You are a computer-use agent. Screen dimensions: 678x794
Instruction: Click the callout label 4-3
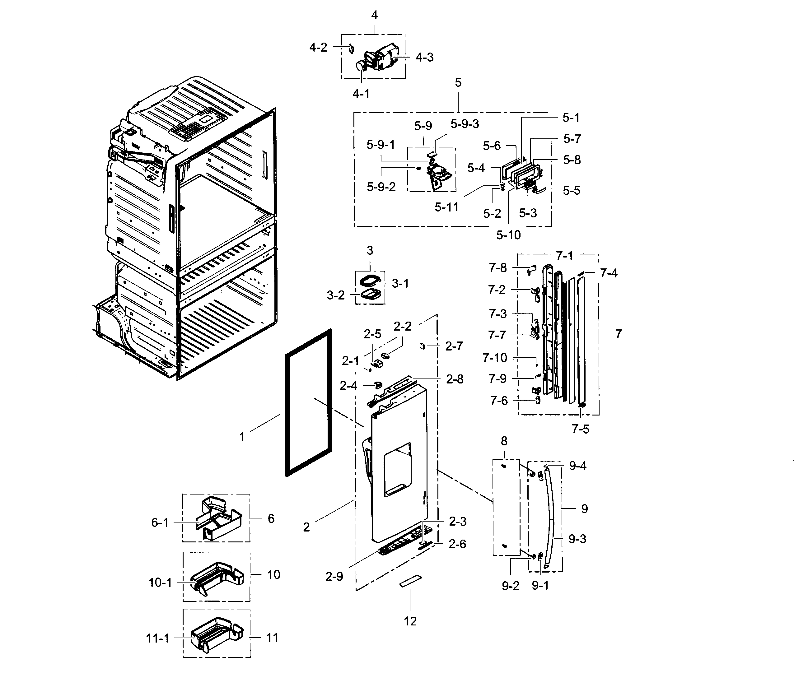(x=425, y=58)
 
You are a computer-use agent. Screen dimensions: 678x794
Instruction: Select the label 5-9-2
(x=381, y=187)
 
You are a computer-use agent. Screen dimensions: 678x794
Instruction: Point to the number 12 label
(x=410, y=621)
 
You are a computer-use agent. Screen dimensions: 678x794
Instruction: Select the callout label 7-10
(x=495, y=358)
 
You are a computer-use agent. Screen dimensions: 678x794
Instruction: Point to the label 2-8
(x=455, y=379)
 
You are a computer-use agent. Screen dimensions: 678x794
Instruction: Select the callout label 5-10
(x=508, y=235)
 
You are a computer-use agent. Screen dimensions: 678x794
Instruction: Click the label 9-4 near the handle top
(x=577, y=466)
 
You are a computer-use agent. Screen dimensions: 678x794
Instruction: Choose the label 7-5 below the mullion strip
(x=580, y=429)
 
